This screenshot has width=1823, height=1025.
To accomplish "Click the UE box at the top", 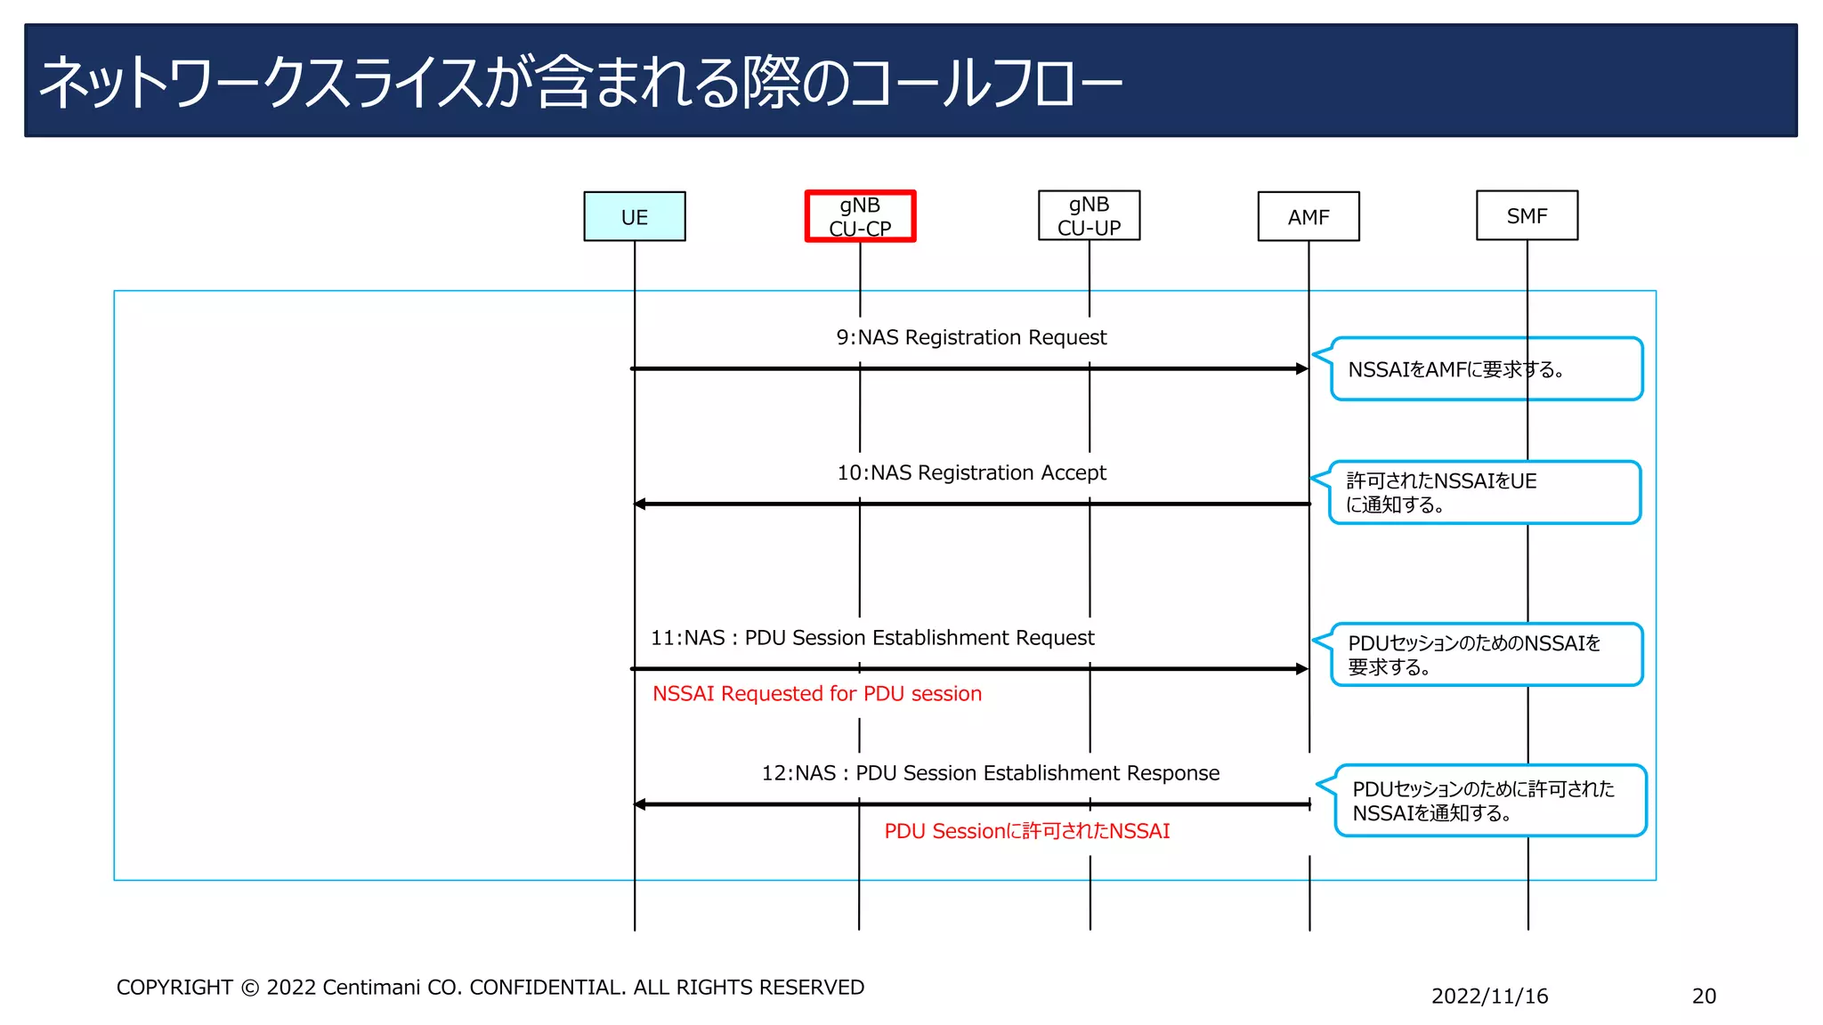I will point(634,216).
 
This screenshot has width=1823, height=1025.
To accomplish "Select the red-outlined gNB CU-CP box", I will point(860,216).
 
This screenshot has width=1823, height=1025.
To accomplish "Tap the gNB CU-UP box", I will point(1089,215).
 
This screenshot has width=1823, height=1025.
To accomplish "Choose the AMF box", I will point(1308,216).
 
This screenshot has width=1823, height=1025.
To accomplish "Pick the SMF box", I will point(1527,215).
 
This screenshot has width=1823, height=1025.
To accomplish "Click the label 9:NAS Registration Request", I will point(971,337).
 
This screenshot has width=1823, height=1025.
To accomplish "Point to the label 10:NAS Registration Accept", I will point(971,472).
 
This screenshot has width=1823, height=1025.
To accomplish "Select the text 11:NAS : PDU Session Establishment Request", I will point(872,638).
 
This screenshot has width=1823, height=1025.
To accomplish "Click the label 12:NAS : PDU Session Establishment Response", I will point(990,773).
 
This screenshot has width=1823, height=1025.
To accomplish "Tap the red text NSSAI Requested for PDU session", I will point(816,694).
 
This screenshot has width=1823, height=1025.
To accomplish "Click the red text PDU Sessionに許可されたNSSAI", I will point(1026,831).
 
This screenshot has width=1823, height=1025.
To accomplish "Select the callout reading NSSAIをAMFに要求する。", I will point(1485,369).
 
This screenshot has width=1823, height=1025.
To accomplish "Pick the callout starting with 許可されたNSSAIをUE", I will point(1484,492).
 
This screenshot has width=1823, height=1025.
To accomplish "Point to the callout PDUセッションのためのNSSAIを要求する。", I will point(1485,655).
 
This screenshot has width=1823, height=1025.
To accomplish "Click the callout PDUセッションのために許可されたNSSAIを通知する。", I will point(1489,800).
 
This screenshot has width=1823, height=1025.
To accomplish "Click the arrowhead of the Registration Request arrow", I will point(1302,368).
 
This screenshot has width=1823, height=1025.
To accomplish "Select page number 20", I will point(1704,996).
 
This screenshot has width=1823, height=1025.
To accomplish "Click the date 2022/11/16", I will point(1489,996).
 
